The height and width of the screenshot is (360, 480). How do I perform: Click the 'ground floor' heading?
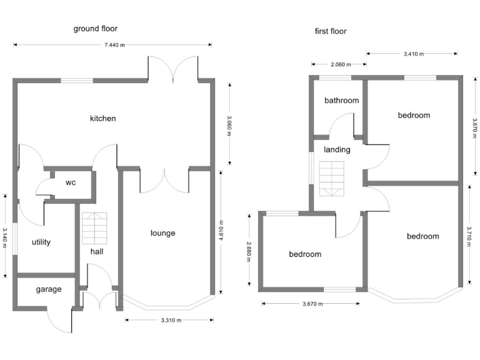(96, 28)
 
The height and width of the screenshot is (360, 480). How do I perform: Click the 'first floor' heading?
(331, 31)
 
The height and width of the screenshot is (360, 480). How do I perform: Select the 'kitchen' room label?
(103, 118)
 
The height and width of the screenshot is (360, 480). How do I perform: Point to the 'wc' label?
(71, 183)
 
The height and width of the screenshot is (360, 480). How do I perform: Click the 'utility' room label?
(41, 242)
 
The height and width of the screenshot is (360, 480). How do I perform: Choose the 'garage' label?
(48, 289)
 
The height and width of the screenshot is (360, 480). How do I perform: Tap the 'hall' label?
(97, 251)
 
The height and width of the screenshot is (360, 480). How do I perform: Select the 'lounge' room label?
(163, 233)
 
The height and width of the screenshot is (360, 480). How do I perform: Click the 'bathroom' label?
(341, 101)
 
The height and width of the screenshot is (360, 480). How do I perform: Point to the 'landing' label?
(337, 149)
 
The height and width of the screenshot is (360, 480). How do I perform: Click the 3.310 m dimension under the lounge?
(171, 320)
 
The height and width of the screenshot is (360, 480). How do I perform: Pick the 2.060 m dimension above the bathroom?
(339, 64)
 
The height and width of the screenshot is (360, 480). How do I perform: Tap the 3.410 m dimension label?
(414, 54)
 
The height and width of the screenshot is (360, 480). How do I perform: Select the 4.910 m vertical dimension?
(221, 230)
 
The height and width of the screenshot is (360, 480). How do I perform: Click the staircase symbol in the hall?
(94, 229)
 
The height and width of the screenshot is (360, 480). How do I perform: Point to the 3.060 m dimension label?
(229, 126)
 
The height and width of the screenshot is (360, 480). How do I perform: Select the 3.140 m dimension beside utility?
(5, 235)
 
